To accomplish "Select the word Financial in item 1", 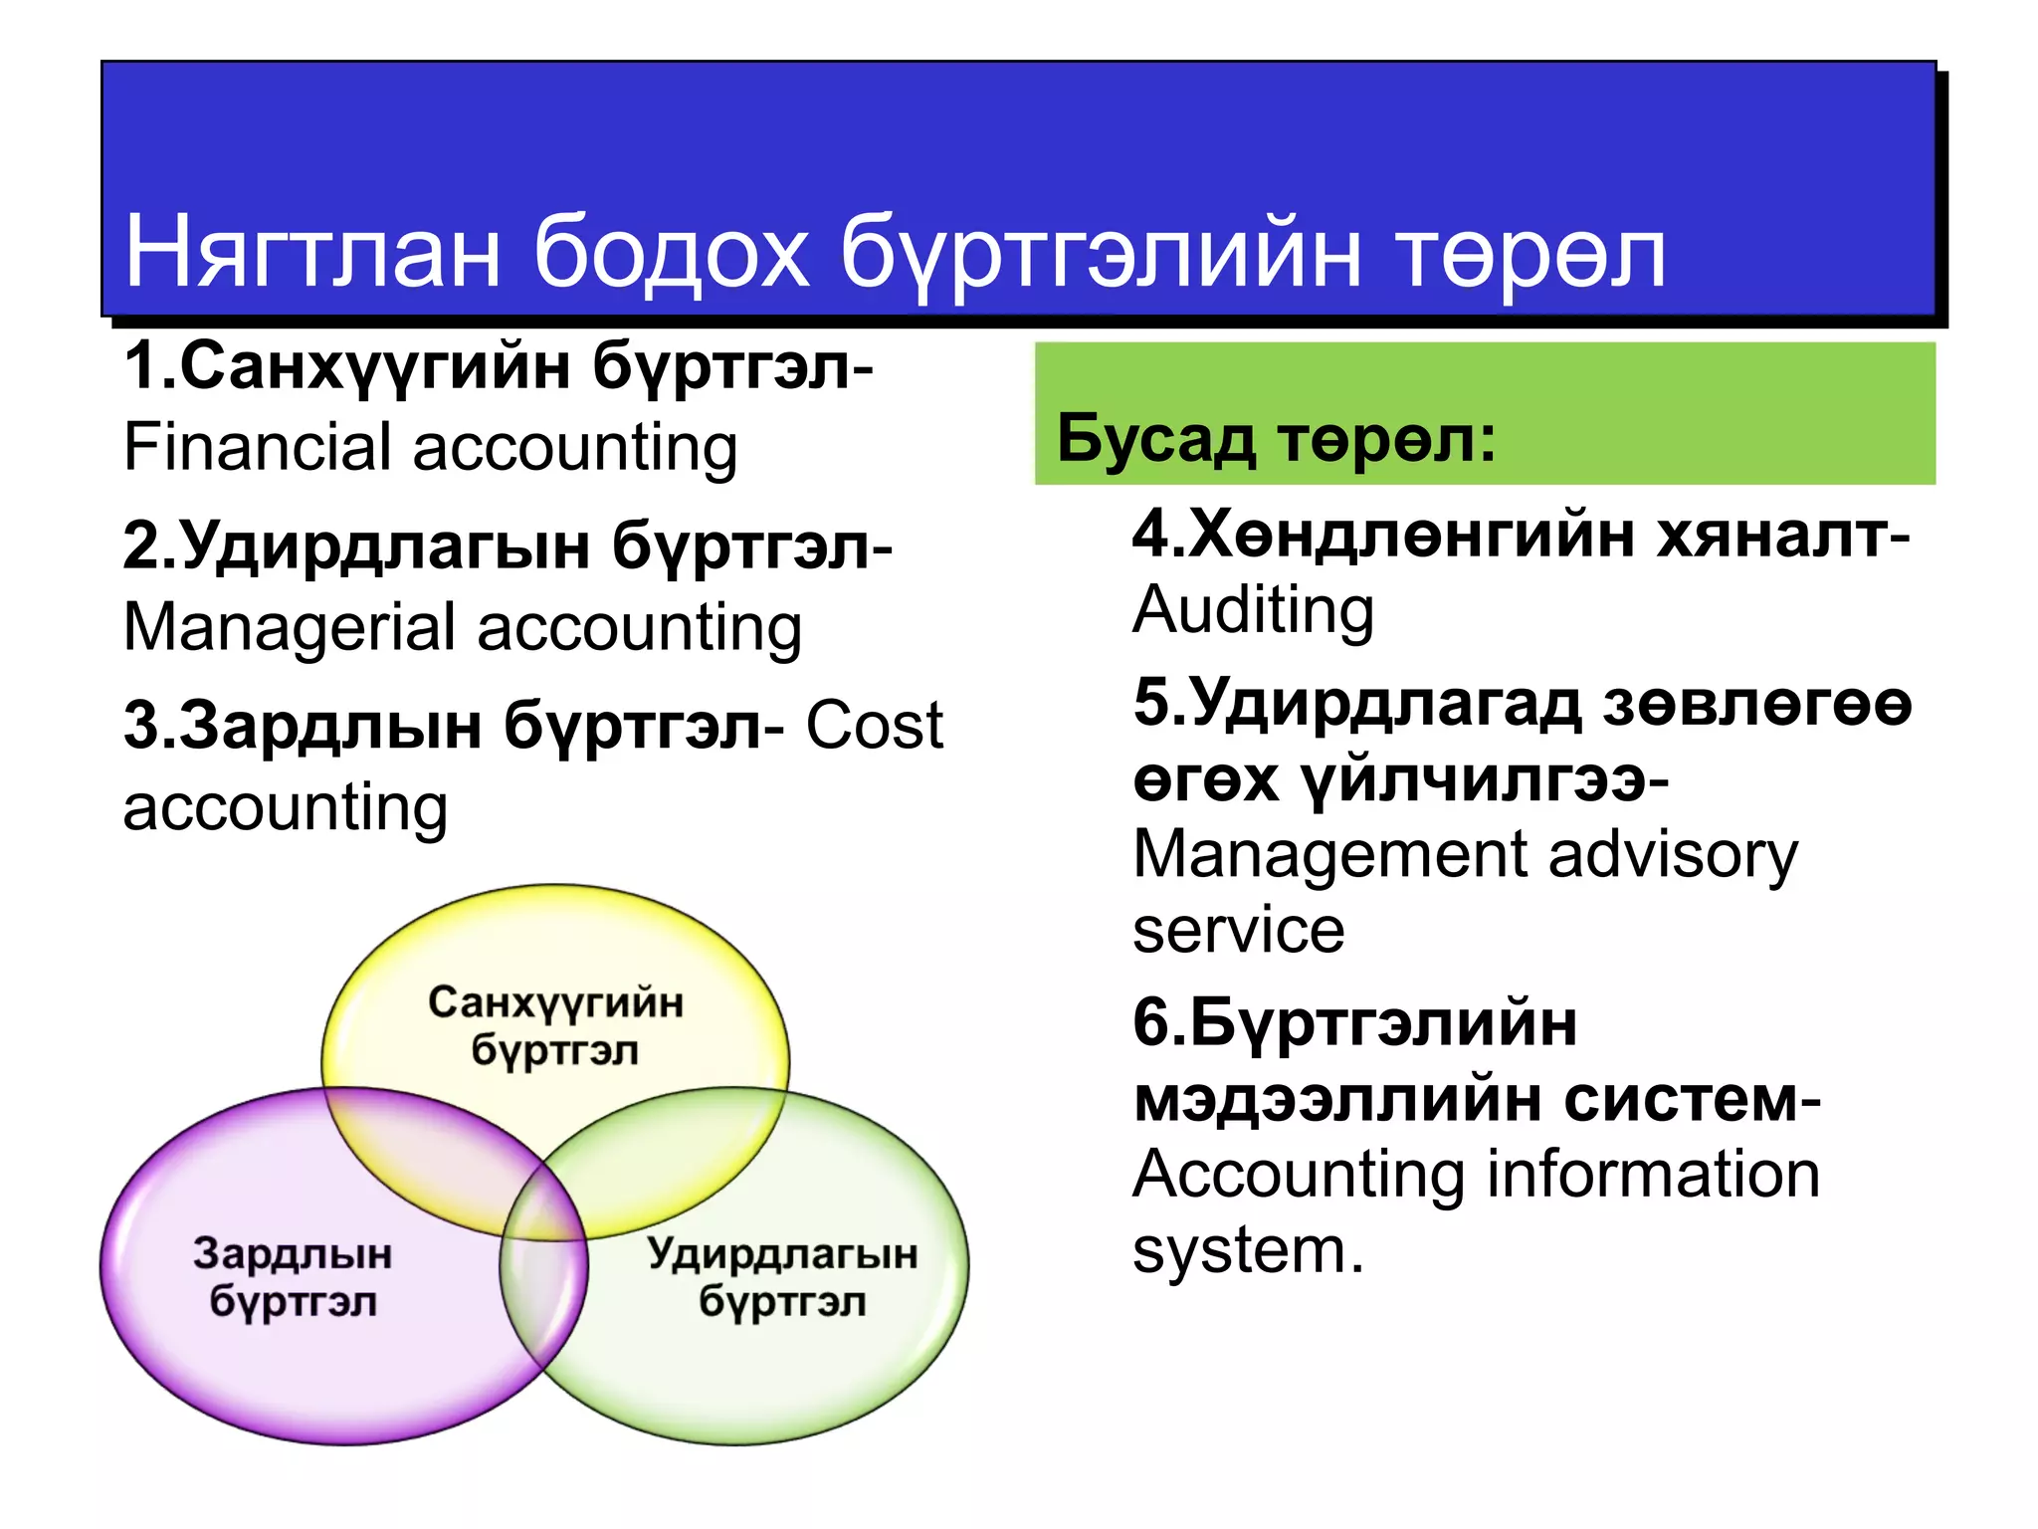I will coord(257,447).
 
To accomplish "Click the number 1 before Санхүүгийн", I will coord(139,366).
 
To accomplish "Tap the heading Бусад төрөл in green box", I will coord(1276,438).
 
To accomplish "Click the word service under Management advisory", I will coord(1239,930).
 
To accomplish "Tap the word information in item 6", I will coord(1654,1175).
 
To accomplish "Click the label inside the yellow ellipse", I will coord(555,1025).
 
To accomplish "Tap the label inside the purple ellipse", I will coord(293,1277).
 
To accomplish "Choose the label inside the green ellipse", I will coord(782,1277).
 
